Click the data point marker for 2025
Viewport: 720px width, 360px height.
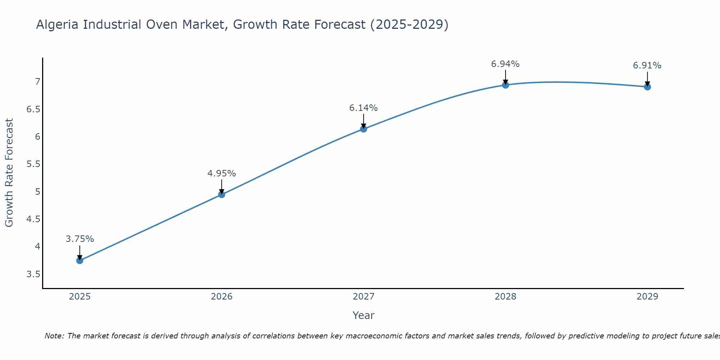(x=80, y=260)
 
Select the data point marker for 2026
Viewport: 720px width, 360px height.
(x=222, y=194)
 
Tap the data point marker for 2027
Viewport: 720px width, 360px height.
(x=364, y=129)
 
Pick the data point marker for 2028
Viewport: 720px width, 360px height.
(x=505, y=85)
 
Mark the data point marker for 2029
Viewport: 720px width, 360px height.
(x=647, y=87)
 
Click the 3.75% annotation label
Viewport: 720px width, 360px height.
(x=80, y=239)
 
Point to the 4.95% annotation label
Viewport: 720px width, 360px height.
(x=222, y=174)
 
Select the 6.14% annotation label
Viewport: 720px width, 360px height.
(x=364, y=108)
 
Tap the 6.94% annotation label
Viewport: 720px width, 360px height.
(x=505, y=64)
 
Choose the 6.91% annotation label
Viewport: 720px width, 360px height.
(x=647, y=66)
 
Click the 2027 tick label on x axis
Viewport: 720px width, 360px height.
(x=364, y=297)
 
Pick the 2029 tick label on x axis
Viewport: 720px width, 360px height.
(x=647, y=297)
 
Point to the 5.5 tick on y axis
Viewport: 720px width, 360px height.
(x=33, y=164)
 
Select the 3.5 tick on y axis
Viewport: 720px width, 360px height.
(x=33, y=274)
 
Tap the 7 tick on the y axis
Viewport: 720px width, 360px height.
(x=37, y=82)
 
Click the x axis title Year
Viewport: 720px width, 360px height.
(x=364, y=315)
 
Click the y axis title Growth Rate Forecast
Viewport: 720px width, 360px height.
(x=9, y=173)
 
